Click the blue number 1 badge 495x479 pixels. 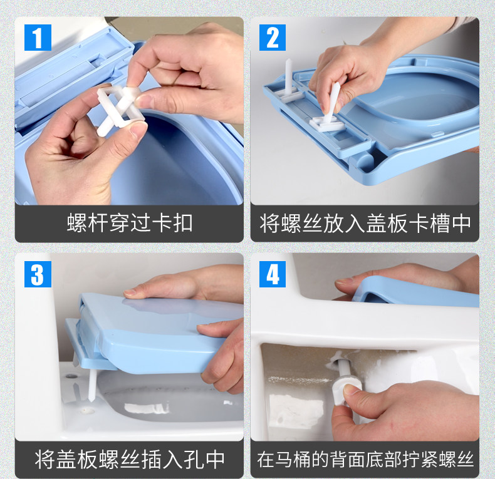38,37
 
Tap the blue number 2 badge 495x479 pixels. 273,37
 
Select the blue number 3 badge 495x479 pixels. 38,274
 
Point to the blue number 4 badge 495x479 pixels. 273,274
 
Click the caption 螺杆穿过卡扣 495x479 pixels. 130,223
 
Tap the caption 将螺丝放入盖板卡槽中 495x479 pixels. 365,224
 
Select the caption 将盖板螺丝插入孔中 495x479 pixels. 130,460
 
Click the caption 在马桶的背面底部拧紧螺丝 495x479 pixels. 365,460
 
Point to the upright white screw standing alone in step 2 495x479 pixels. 288,76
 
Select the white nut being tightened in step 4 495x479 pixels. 343,391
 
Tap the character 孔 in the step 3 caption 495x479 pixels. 193,460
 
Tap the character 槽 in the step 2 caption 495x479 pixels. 439,224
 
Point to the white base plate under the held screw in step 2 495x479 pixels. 326,123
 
